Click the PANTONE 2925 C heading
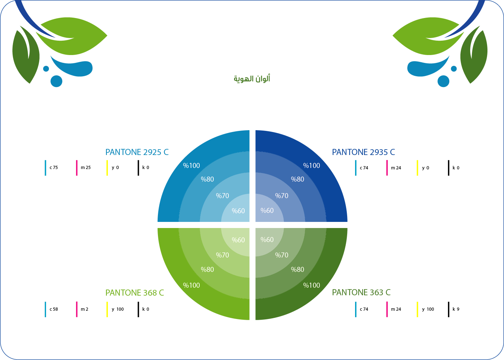(137, 152)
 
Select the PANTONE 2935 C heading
(363, 152)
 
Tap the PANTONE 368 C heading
(135, 293)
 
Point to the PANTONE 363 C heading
(361, 292)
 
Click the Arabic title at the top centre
(252, 79)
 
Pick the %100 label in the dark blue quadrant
(312, 165)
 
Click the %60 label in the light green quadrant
(238, 240)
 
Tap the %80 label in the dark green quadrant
(298, 269)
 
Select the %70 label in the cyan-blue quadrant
(223, 196)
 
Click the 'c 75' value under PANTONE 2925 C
(54, 168)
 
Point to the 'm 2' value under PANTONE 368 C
(85, 309)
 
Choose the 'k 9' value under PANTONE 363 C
(456, 309)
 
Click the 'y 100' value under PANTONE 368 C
(118, 309)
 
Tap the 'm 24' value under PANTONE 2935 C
(396, 168)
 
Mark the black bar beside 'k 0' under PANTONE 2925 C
(139, 168)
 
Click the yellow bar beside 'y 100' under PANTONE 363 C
(417, 309)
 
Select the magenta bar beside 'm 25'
(77, 168)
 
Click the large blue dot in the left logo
(56, 81)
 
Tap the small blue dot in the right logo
(454, 69)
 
